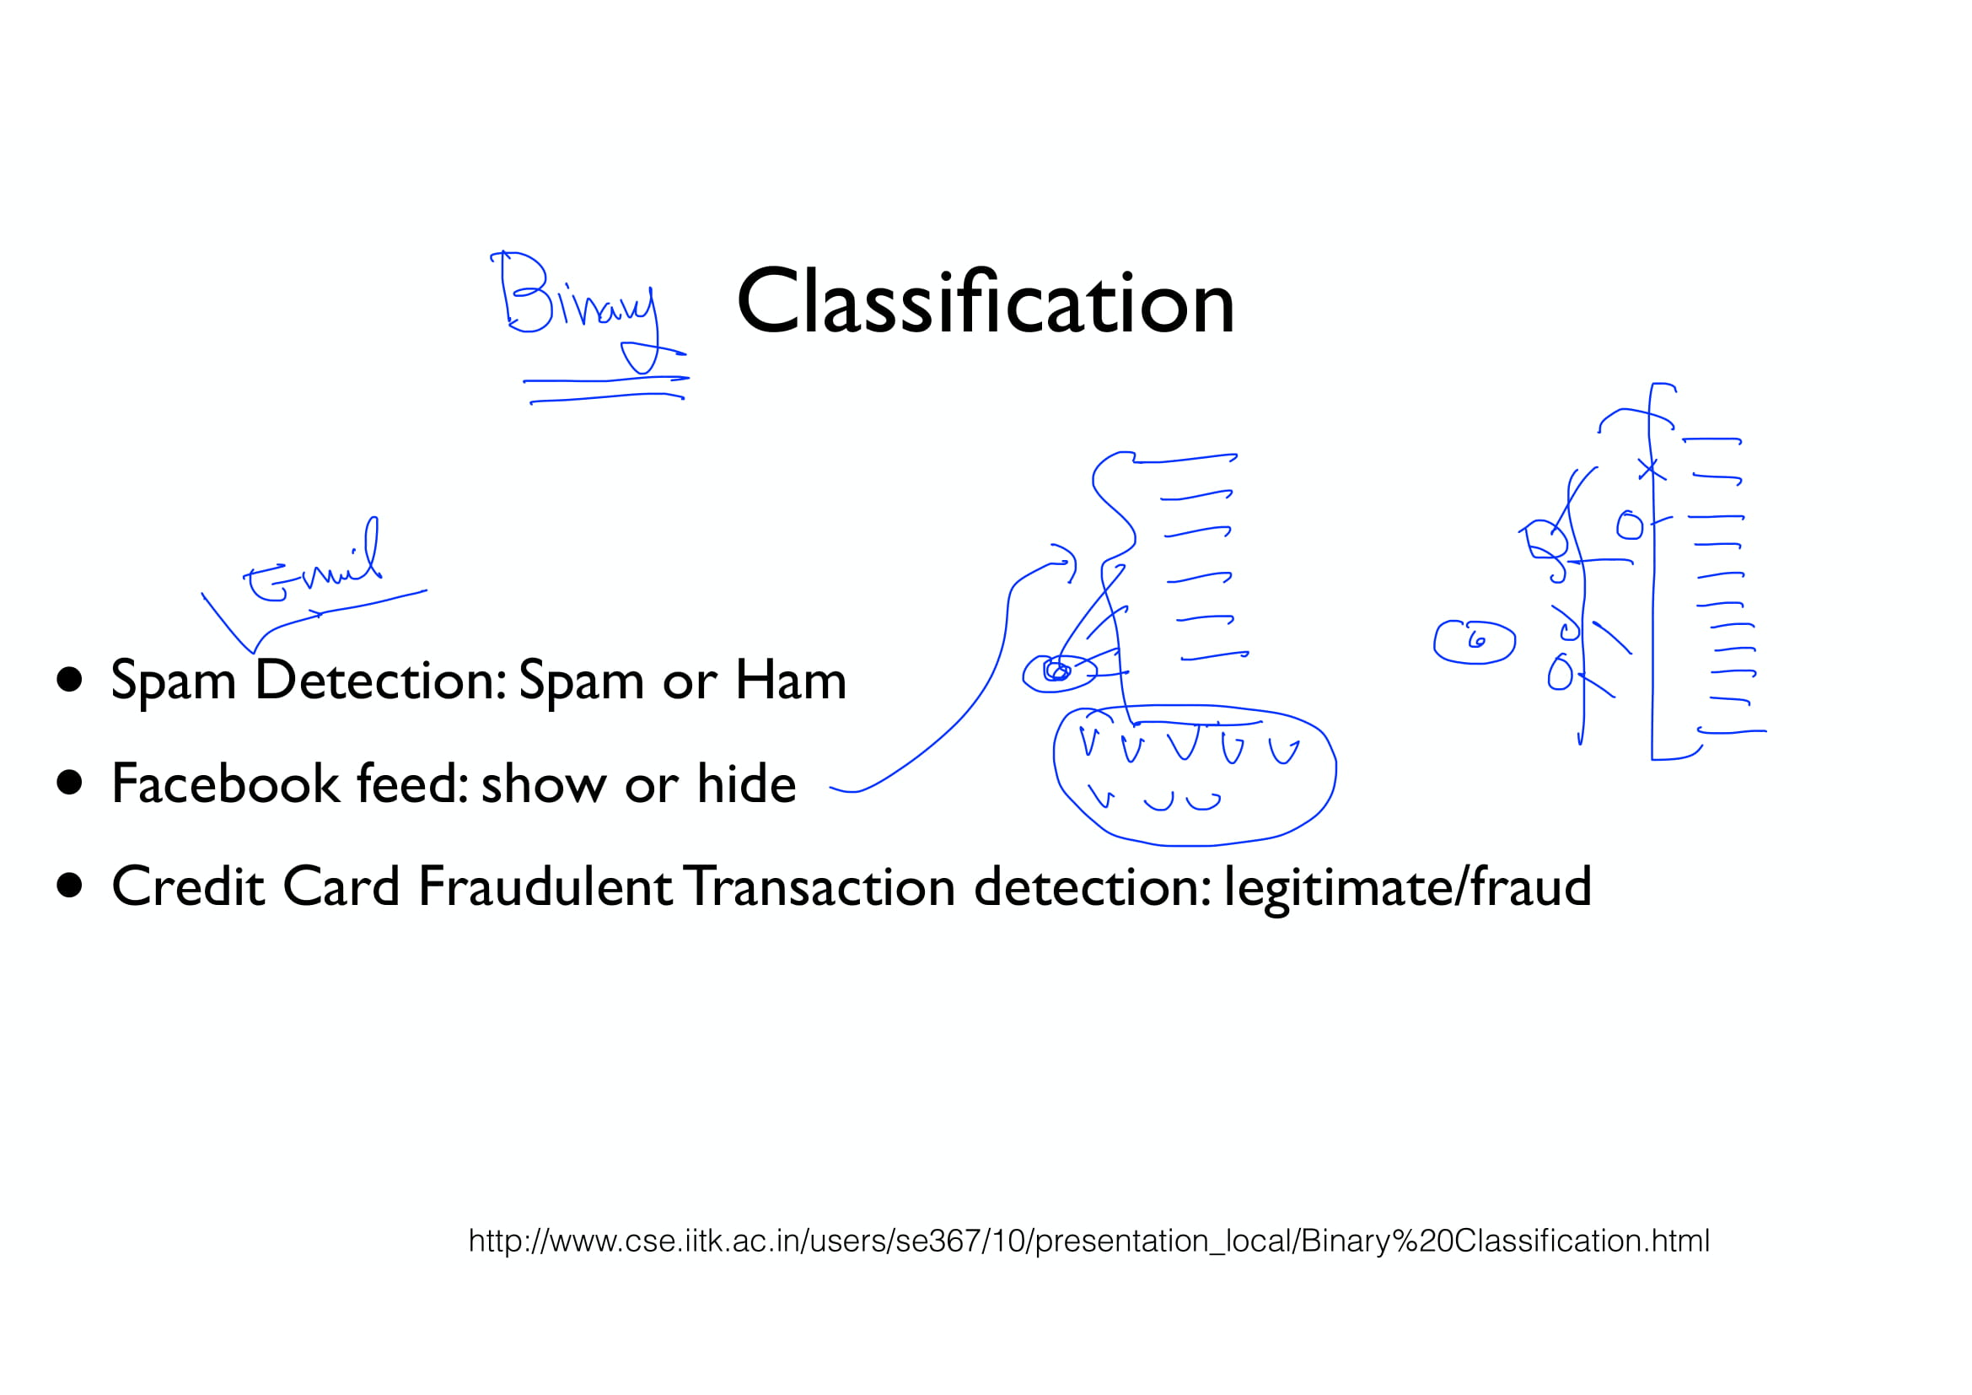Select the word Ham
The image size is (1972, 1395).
click(x=790, y=681)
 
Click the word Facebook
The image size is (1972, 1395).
click(x=225, y=784)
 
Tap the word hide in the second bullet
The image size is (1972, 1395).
click(x=745, y=784)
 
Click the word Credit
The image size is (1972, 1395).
click(x=187, y=886)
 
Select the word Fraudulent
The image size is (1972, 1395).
click(x=545, y=886)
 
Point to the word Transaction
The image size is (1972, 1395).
click(x=821, y=886)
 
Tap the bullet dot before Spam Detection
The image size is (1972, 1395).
click(x=70, y=680)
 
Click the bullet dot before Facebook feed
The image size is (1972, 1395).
click(x=70, y=783)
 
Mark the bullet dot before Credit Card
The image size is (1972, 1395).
click(x=70, y=886)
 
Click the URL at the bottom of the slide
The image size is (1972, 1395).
click(x=1088, y=1241)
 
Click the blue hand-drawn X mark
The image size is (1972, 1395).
click(x=1650, y=470)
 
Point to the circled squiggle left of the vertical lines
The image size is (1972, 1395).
click(x=1474, y=642)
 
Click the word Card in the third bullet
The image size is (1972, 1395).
click(x=341, y=886)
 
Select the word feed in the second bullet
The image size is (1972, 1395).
click(x=412, y=784)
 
